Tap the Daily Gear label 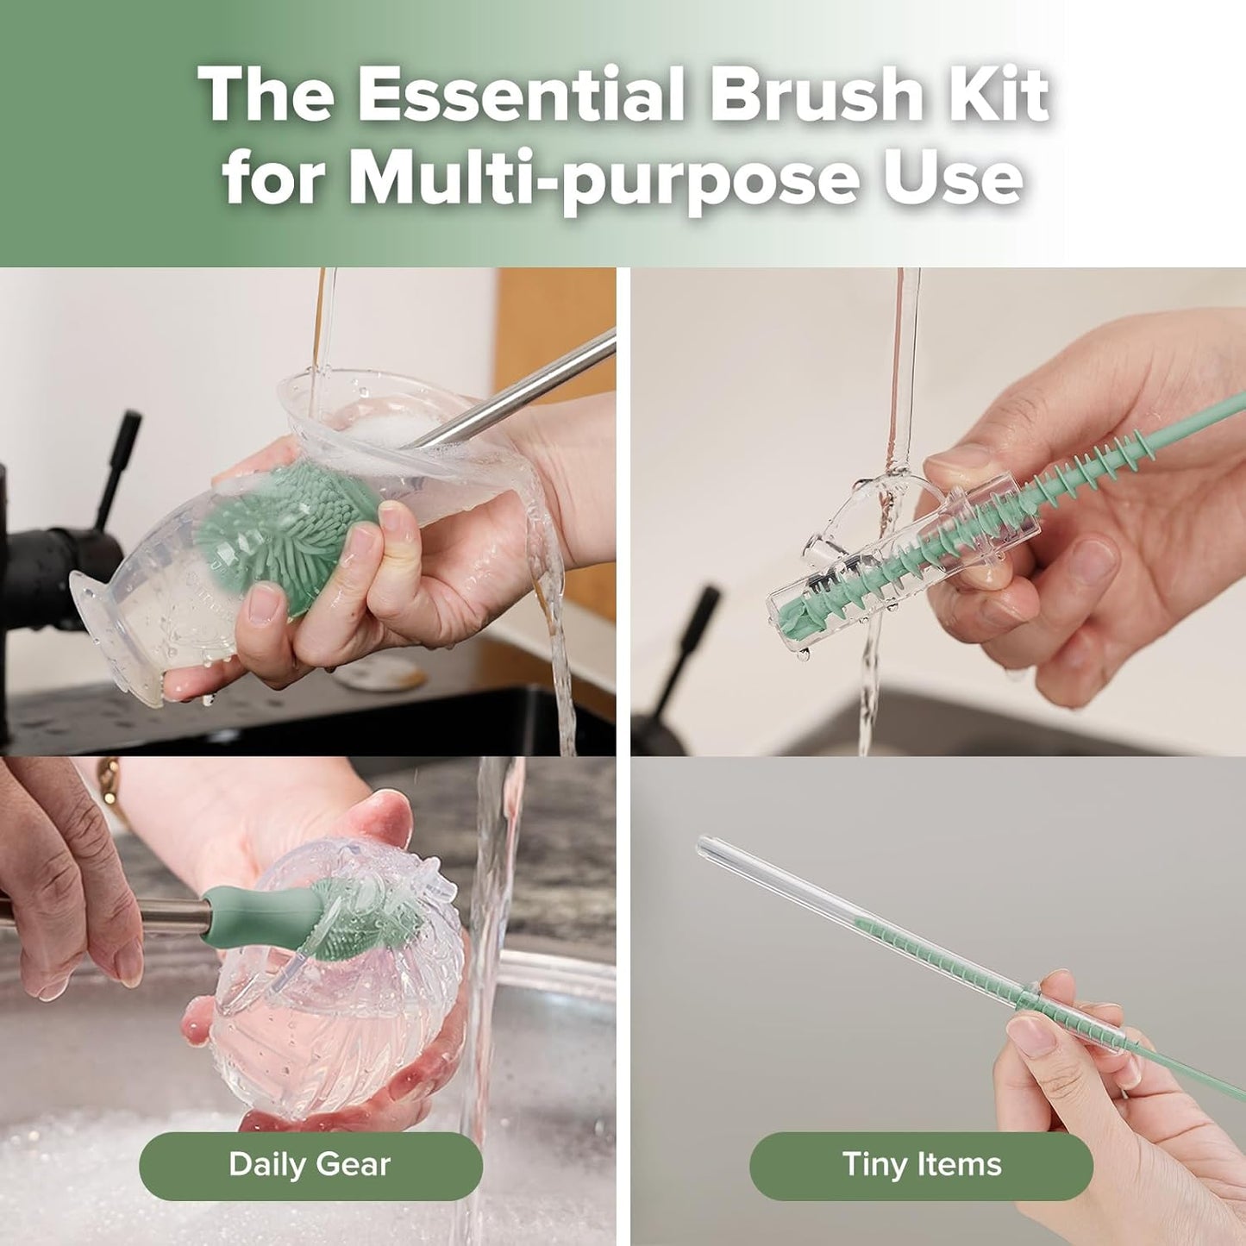tap(310, 1165)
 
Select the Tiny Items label tap(921, 1165)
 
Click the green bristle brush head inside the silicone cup tap(285, 526)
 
